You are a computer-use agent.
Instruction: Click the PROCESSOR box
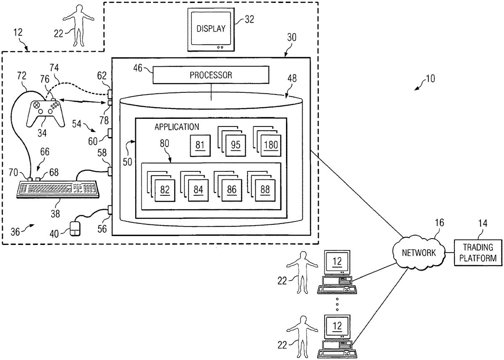tap(210, 75)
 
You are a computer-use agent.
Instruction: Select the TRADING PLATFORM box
tap(478, 252)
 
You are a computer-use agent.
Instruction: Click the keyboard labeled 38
tap(58, 189)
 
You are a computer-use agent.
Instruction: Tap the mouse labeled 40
tap(75, 229)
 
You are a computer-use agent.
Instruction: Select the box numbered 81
tap(200, 145)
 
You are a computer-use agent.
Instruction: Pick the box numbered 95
tap(235, 145)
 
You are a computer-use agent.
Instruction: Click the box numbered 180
tap(270, 145)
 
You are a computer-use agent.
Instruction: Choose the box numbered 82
tap(165, 189)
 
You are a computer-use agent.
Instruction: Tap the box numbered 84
tap(198, 189)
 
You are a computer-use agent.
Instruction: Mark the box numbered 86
tap(232, 189)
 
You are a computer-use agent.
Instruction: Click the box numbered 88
tap(265, 189)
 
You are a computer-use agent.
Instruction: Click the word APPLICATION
tap(176, 126)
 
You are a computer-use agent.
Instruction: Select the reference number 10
tap(430, 78)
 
